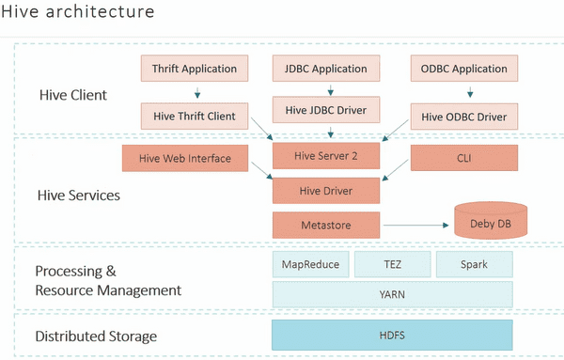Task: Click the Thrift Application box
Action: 196,69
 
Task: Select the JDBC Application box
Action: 326,69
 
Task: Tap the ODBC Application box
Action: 463,69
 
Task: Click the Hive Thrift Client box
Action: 196,117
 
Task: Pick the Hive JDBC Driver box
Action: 326,109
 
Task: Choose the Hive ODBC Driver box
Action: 463,117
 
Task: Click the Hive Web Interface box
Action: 176,158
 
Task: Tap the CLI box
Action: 463,158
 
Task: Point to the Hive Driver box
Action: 326,190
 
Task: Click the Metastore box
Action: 326,225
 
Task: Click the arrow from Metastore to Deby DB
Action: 414,225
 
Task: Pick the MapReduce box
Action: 310,264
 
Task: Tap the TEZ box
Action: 392,264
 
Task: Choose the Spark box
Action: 474,264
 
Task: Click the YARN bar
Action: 392,294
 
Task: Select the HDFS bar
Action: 392,335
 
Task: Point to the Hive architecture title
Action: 90,14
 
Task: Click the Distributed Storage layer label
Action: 95,336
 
